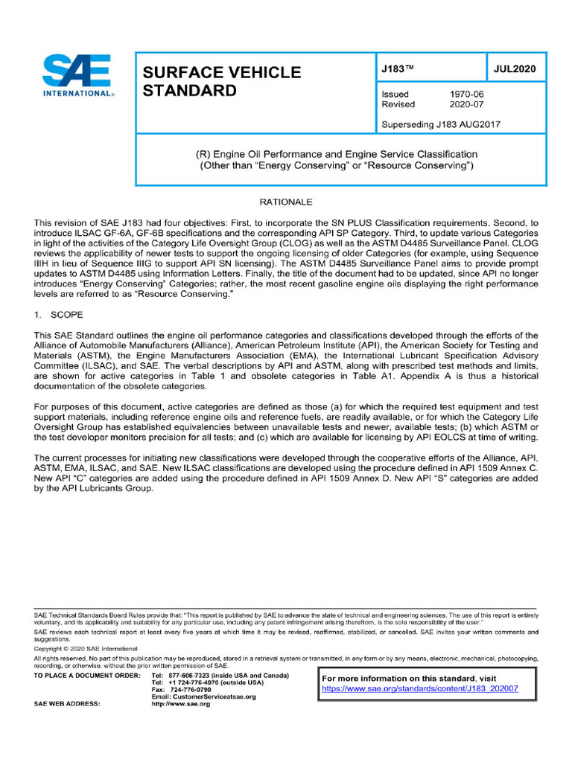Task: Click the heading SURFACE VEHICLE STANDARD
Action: (x=221, y=82)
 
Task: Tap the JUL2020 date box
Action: (x=515, y=68)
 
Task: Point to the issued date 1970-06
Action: (x=467, y=95)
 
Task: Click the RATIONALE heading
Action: (x=286, y=202)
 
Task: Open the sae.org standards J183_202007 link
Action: (x=419, y=688)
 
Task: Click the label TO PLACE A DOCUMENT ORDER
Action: (x=87, y=674)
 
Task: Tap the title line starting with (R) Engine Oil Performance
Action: (x=336, y=154)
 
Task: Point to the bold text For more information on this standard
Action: (x=398, y=678)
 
